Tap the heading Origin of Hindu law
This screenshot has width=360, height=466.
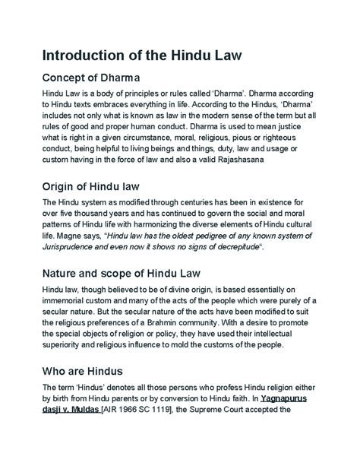(x=95, y=186)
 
